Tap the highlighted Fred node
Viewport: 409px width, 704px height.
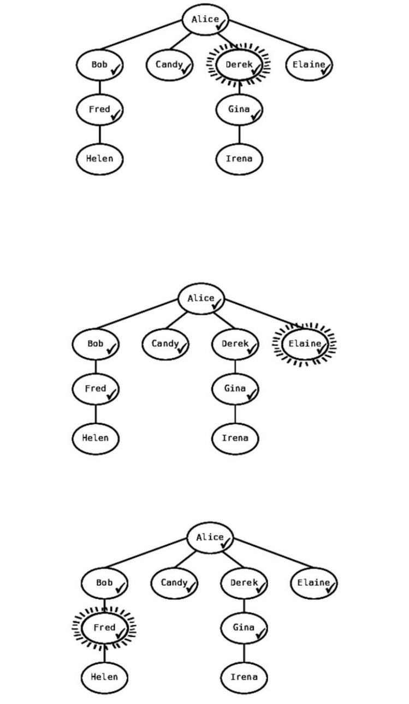click(104, 628)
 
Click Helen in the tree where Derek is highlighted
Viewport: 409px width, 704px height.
click(99, 159)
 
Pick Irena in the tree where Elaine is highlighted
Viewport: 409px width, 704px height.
click(235, 438)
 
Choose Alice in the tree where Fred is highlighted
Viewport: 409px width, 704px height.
click(210, 538)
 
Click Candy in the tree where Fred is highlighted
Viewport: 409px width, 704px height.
click(174, 583)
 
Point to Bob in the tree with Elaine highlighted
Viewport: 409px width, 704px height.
click(95, 344)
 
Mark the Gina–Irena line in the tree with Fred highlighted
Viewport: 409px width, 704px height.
click(244, 653)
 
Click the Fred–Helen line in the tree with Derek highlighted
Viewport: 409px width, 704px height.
click(99, 135)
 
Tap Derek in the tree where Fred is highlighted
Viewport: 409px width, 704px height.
click(244, 583)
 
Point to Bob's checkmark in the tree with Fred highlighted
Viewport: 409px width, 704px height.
click(120, 587)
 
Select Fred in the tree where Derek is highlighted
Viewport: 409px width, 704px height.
click(99, 110)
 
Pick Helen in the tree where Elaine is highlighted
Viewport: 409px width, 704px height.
click(95, 438)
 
